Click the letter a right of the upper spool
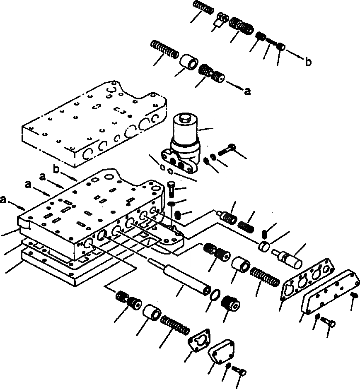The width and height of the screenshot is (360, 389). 248,92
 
